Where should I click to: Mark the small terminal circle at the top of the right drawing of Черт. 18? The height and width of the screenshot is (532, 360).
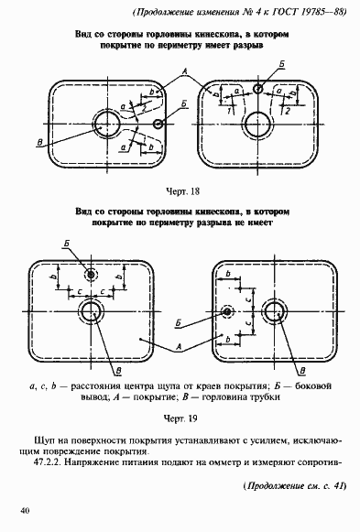pos(259,89)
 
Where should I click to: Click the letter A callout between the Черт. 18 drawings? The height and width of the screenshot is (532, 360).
pos(186,70)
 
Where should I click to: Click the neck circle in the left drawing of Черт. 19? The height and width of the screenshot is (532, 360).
pos(91,312)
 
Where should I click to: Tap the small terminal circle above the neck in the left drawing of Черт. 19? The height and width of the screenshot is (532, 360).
pos(90,275)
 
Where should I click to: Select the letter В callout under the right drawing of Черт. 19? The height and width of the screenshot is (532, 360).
pos(301,368)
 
